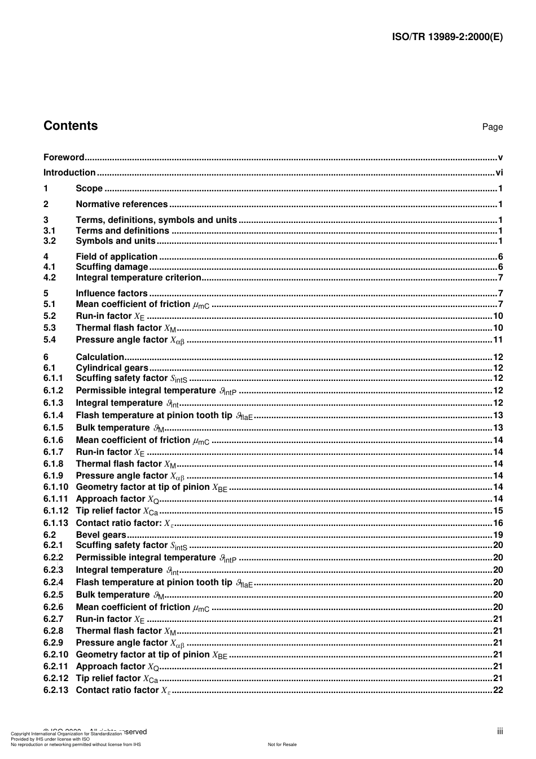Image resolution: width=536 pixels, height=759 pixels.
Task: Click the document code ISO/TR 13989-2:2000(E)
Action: [x=447, y=37]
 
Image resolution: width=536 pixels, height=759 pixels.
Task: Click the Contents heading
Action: [x=71, y=126]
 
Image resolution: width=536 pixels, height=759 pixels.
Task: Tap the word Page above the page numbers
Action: [x=492, y=127]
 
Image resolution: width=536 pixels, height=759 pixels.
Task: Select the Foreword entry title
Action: [x=64, y=157]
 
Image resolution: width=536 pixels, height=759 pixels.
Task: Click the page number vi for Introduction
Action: [x=499, y=173]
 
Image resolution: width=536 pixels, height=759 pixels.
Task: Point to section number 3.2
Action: [x=50, y=241]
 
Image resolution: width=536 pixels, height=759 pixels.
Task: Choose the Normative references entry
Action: [x=121, y=204]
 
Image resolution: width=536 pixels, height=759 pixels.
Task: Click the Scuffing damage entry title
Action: [x=112, y=267]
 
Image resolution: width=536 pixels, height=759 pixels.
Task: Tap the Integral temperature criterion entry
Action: [x=138, y=278]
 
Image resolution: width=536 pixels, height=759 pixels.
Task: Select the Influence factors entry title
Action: [x=112, y=293]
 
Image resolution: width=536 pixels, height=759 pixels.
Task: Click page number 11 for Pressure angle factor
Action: [x=498, y=340]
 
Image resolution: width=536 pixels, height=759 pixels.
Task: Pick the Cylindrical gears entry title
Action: [x=112, y=368]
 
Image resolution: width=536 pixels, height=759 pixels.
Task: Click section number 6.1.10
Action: [x=55, y=487]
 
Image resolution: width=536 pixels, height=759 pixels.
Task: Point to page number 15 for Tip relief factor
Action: [x=498, y=511]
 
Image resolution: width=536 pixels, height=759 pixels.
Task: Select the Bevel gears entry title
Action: [x=101, y=535]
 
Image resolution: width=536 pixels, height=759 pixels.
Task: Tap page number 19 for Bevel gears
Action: [x=498, y=535]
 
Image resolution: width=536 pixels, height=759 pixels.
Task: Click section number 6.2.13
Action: [x=55, y=690]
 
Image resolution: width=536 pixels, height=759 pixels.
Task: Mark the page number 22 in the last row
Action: [x=498, y=690]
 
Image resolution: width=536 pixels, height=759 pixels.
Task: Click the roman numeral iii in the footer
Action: [x=500, y=731]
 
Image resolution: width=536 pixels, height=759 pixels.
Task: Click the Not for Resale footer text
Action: [x=282, y=744]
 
